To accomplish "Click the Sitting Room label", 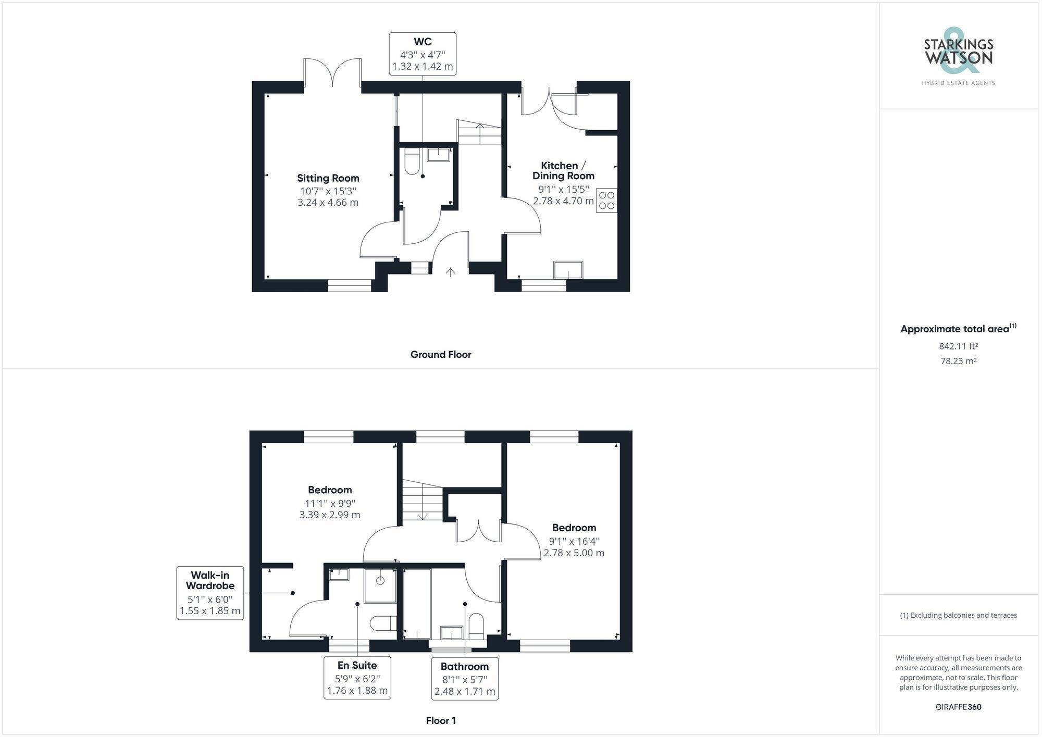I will [328, 178].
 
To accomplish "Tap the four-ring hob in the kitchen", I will [606, 201].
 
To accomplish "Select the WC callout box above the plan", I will [423, 54].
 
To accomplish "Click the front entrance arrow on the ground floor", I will [450, 272].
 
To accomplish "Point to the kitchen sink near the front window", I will [568, 270].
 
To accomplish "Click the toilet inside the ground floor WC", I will [412, 161].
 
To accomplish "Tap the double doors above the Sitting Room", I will [332, 74].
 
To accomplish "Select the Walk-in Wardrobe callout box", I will [210, 593].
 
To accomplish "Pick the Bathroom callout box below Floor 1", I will [464, 679].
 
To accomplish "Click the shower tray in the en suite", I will [380, 585].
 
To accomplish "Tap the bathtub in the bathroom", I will [417, 604].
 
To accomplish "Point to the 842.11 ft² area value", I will [958, 346].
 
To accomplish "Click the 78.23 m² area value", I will [958, 360].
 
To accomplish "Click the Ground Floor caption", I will [440, 355].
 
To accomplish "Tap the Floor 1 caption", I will [440, 721].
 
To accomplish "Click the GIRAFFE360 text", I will [958, 707].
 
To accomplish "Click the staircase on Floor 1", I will [421, 501].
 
